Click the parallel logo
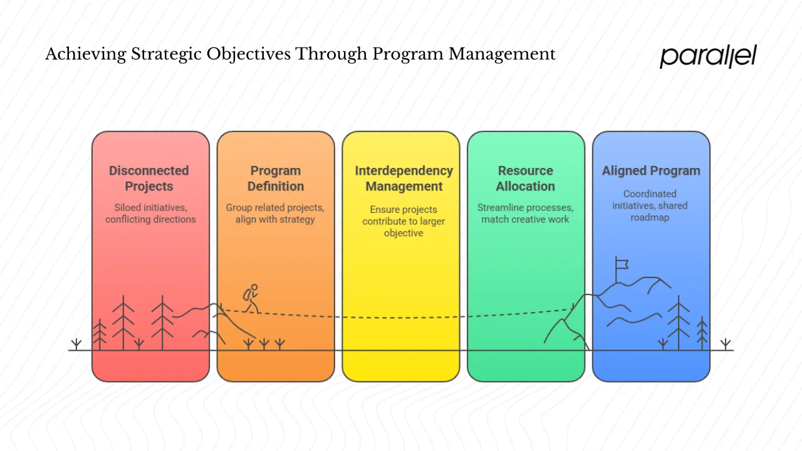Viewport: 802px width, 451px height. (x=708, y=56)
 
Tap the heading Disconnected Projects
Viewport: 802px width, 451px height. (x=149, y=179)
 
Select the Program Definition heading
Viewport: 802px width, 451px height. (x=276, y=179)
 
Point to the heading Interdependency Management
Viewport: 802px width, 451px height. (x=404, y=179)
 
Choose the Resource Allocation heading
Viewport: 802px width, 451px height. (x=526, y=179)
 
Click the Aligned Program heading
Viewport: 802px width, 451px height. (x=651, y=171)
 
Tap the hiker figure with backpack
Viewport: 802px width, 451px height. (x=251, y=298)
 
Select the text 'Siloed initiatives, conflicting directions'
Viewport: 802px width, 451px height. (x=150, y=214)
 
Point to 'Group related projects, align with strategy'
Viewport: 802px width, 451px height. (x=276, y=214)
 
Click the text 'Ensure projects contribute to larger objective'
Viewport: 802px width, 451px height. (x=404, y=221)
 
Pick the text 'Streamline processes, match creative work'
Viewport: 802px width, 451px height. (x=526, y=214)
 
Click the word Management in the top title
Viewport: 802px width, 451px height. (x=502, y=54)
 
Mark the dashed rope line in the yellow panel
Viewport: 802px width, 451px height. (x=401, y=317)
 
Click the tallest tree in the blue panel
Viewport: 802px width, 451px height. (x=679, y=323)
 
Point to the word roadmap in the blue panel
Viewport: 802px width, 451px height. (x=650, y=217)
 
